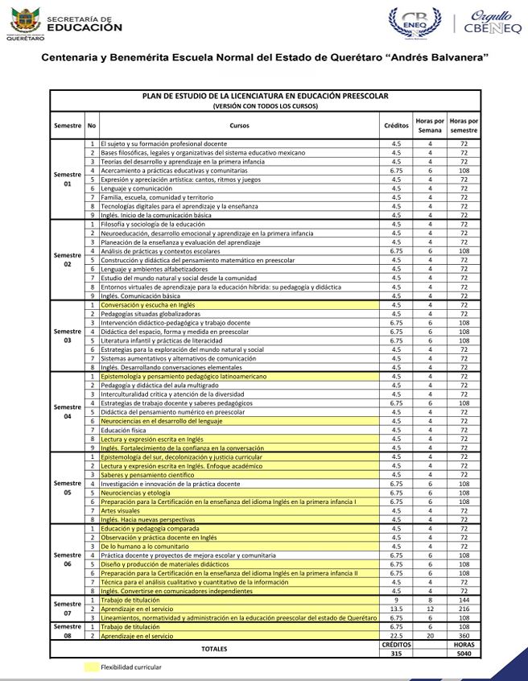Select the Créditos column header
pyautogui.click(x=396, y=126)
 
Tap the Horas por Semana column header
pyautogui.click(x=430, y=126)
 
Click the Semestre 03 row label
pyautogui.click(x=68, y=336)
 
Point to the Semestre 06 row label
pyautogui.click(x=68, y=559)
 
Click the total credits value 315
pyautogui.click(x=396, y=653)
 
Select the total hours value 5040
pyautogui.click(x=464, y=653)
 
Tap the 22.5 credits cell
pyautogui.click(x=396, y=636)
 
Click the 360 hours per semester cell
pyautogui.click(x=464, y=636)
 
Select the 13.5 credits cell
pyautogui.click(x=396, y=609)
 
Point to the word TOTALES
pyautogui.click(x=215, y=649)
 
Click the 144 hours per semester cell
pyautogui.click(x=464, y=601)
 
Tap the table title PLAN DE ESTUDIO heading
pyautogui.click(x=265, y=97)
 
